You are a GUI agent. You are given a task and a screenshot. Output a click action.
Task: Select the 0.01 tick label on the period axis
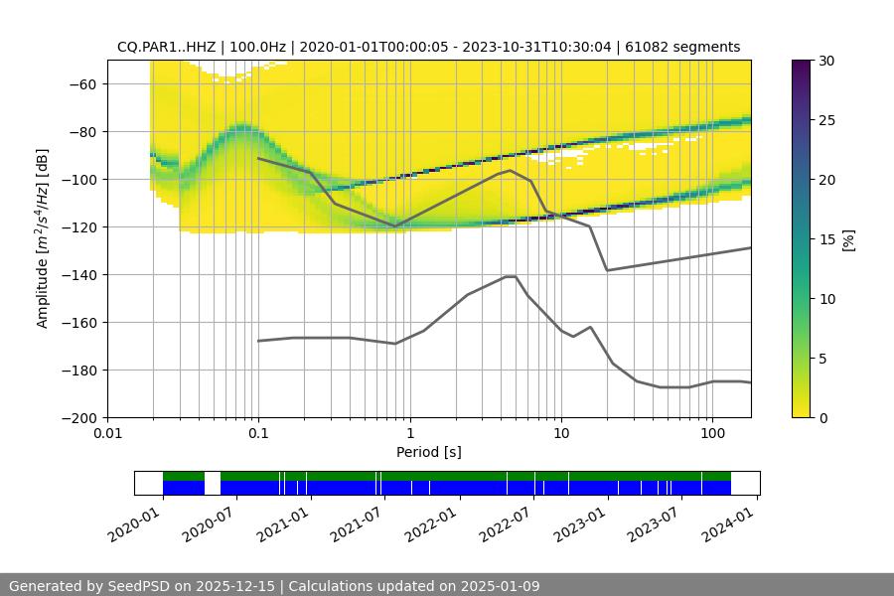[x=107, y=434]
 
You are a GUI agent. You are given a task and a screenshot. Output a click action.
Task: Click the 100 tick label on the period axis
[x=711, y=434]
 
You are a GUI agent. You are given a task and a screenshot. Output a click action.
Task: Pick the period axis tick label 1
[x=409, y=434]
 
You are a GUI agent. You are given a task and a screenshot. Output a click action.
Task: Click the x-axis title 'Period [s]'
[x=428, y=452]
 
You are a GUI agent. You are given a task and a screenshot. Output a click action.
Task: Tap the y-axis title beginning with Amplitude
[x=42, y=238]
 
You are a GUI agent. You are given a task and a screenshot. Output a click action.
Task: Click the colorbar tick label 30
[x=826, y=61]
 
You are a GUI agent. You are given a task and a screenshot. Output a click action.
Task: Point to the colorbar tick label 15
[x=826, y=239]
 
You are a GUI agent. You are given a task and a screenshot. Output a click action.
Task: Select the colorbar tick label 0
[x=822, y=418]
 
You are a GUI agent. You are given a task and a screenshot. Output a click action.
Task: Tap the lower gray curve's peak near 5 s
[x=511, y=276]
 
